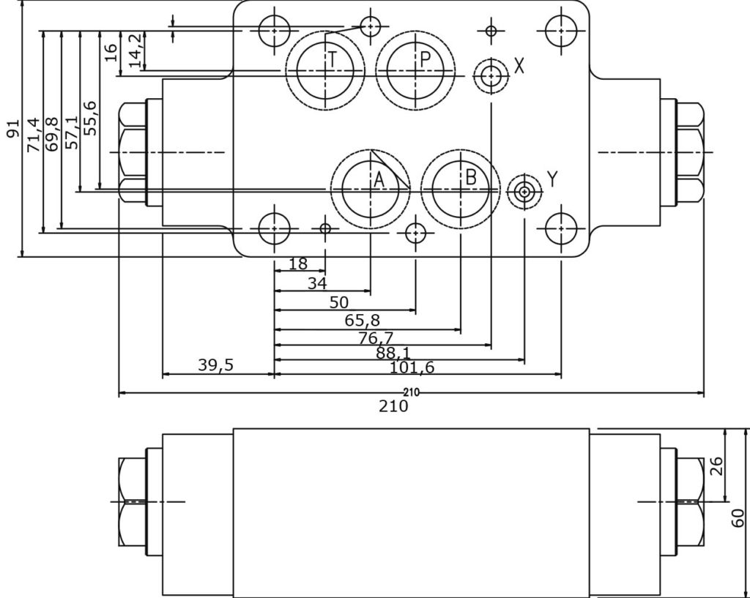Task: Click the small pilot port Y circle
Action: pyautogui.click(x=524, y=193)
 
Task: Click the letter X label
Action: pyautogui.click(x=519, y=66)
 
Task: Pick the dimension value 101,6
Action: pyautogui.click(x=412, y=367)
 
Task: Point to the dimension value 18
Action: pyautogui.click(x=298, y=264)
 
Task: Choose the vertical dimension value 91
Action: pyautogui.click(x=12, y=129)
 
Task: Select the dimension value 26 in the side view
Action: pyautogui.click(x=716, y=466)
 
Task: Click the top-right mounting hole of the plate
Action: pyautogui.click(x=561, y=30)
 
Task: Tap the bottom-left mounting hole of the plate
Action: pyautogui.click(x=275, y=228)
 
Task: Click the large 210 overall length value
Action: pyautogui.click(x=393, y=406)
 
